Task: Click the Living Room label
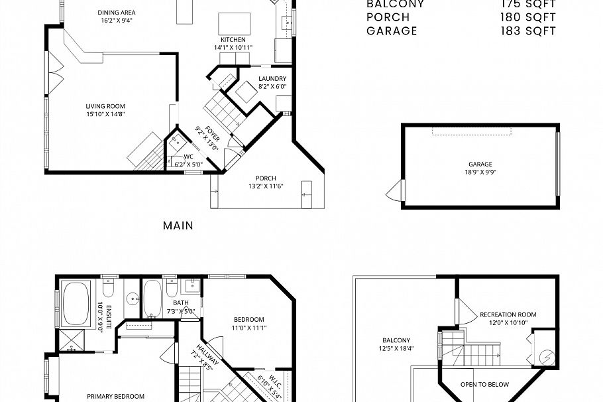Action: tap(105, 106)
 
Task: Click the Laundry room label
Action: tap(272, 78)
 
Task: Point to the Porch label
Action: tap(265, 178)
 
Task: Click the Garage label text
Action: tap(480, 164)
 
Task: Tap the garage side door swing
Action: tap(394, 192)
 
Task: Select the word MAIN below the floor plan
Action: tap(178, 226)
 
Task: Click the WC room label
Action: tap(179, 157)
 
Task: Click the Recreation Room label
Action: tap(508, 314)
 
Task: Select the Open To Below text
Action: tap(485, 384)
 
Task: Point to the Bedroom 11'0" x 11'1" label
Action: tap(248, 319)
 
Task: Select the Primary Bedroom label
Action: tap(115, 396)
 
